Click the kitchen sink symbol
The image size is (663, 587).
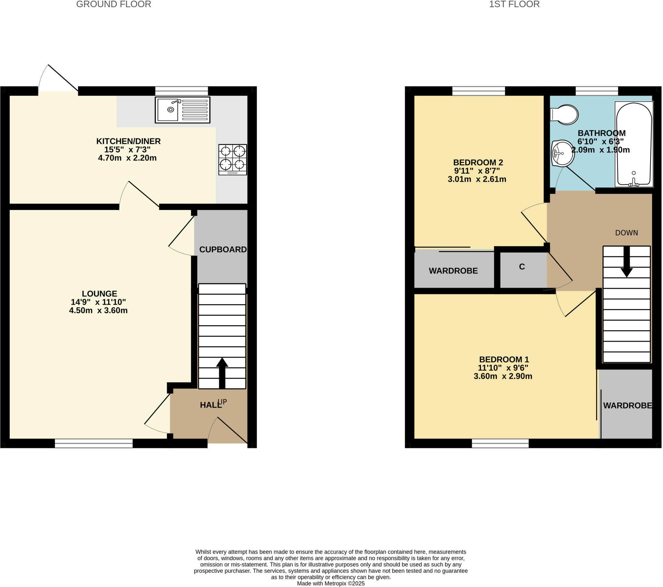click(183, 110)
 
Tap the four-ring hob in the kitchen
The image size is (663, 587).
click(232, 159)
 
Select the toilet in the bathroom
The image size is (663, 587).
click(565, 114)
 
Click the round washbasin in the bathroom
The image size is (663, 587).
click(563, 153)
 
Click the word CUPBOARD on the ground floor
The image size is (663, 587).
click(223, 249)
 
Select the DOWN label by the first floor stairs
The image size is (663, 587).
click(626, 233)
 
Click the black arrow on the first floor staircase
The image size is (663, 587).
click(627, 262)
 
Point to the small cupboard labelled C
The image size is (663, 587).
click(522, 267)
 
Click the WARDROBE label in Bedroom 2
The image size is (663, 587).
click(453, 271)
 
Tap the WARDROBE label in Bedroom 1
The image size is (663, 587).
click(627, 406)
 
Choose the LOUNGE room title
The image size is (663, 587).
click(99, 293)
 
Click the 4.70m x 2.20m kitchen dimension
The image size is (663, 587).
click(127, 158)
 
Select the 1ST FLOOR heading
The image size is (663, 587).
click(514, 4)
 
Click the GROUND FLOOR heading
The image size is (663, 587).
click(114, 4)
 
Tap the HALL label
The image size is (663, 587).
click(210, 405)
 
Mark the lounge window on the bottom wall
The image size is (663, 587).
click(94, 443)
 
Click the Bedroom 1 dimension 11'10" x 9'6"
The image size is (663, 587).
click(503, 368)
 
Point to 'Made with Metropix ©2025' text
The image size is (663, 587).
click(331, 583)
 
